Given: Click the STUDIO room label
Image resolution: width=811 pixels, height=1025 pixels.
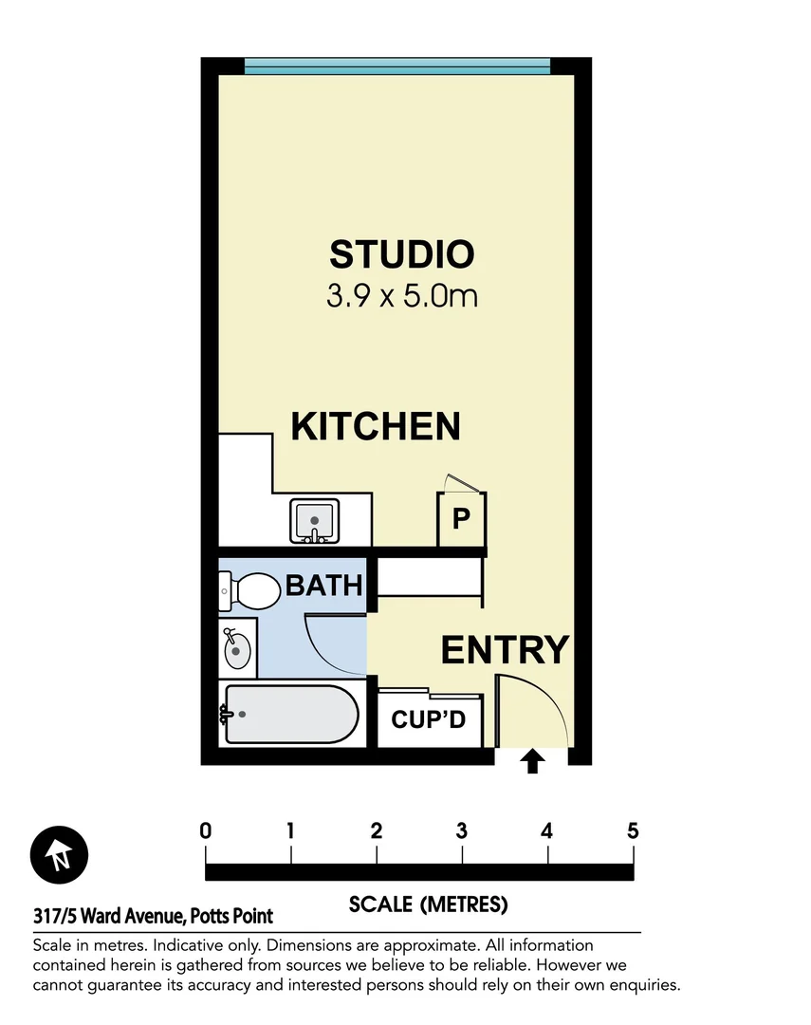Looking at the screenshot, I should tap(401, 254).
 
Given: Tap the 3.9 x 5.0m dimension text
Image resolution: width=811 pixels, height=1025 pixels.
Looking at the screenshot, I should tap(401, 295).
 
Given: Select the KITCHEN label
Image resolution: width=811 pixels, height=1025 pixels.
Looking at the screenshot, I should tap(376, 426).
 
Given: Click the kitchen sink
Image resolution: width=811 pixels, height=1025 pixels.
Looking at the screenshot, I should tap(314, 520).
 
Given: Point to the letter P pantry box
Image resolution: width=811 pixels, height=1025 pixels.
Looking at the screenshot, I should tap(461, 519).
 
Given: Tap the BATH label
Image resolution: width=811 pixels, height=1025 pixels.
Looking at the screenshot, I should tap(324, 586).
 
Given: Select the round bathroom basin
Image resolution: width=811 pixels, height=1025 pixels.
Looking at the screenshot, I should tap(236, 648).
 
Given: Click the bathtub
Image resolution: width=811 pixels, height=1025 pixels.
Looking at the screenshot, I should tap(288, 714).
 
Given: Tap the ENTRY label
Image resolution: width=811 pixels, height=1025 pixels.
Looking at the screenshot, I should tap(505, 650).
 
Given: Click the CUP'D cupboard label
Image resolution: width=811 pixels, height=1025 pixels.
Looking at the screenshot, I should tap(429, 719).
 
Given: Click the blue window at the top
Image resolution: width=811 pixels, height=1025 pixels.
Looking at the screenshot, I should tap(397, 65).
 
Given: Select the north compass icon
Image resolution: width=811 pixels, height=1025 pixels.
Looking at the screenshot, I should tap(59, 854).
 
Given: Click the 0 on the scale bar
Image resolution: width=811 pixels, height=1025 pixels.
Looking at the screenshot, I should tap(206, 832).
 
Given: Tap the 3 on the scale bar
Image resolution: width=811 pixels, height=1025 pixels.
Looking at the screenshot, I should tap(462, 832).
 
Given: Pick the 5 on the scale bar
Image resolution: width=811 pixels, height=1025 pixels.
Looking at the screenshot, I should tap(633, 832).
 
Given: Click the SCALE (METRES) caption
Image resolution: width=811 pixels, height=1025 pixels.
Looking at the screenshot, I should tap(428, 904).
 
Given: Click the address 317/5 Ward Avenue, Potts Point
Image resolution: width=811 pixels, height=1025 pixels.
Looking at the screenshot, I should tap(153, 917).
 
